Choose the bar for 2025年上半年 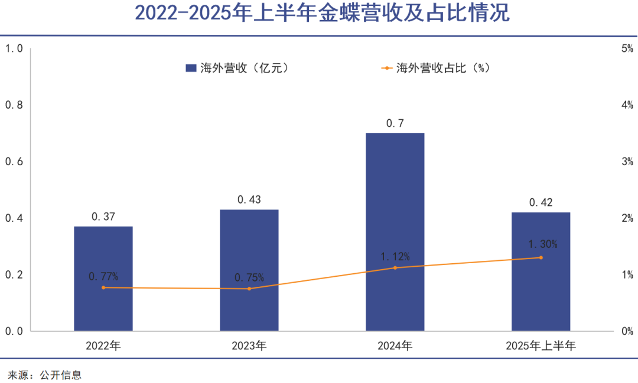click(x=541, y=271)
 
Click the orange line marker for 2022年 click(x=103, y=287)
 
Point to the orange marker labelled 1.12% click(x=395, y=268)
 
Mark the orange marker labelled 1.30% click(x=541, y=257)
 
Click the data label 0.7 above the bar click(x=395, y=123)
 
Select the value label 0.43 click(x=249, y=200)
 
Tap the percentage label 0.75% click(x=249, y=277)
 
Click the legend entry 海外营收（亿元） click(x=236, y=68)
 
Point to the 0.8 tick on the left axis click(x=14, y=105)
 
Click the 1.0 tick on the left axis click(x=14, y=48)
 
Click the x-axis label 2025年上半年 click(x=541, y=346)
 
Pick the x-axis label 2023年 click(x=249, y=346)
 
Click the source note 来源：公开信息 click(x=44, y=375)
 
